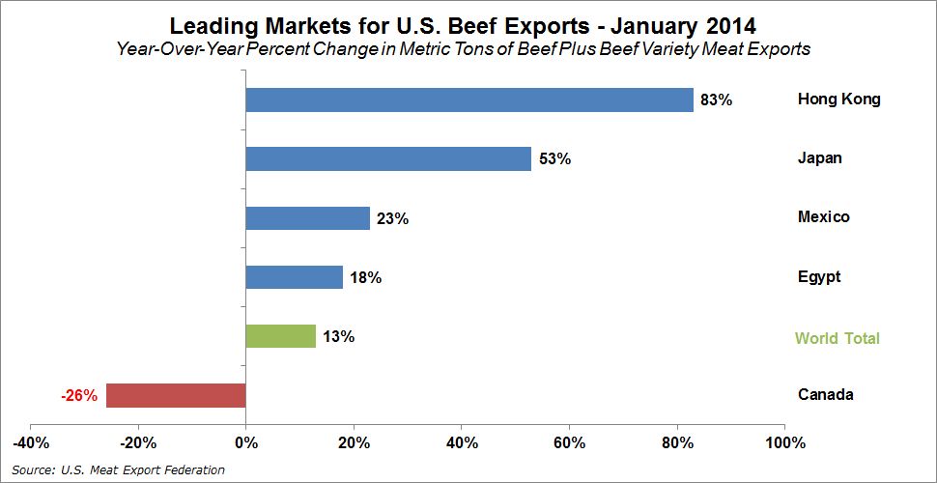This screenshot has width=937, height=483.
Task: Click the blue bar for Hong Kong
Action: pyautogui.click(x=469, y=99)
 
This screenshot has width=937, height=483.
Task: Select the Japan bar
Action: pyautogui.click(x=388, y=159)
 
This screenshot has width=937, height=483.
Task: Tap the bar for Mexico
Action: pyautogui.click(x=308, y=218)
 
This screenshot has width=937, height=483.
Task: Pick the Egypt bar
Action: pyautogui.click(x=295, y=277)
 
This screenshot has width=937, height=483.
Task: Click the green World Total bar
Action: pyautogui.click(x=281, y=336)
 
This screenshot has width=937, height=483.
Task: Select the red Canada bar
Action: pyautogui.click(x=176, y=395)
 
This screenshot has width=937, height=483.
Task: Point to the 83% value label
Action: pyautogui.click(x=717, y=99)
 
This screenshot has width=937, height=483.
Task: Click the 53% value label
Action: pyautogui.click(x=554, y=159)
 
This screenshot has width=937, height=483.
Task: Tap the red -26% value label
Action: pyautogui.click(x=78, y=395)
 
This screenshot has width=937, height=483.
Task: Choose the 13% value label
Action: pyautogui.click(x=339, y=336)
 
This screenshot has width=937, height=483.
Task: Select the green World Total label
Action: pyautogui.click(x=838, y=338)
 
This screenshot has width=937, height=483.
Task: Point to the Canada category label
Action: pyautogui.click(x=825, y=394)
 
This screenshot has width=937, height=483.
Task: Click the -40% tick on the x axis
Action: pyautogui.click(x=31, y=443)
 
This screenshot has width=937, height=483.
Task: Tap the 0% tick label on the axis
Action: pyautogui.click(x=245, y=443)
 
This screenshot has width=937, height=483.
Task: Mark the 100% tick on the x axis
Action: pyautogui.click(x=785, y=443)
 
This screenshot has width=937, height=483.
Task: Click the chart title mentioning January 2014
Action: pyautogui.click(x=464, y=26)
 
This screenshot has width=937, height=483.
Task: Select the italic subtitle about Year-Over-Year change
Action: pyautogui.click(x=464, y=49)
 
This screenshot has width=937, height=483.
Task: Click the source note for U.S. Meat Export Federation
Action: pyautogui.click(x=118, y=470)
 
